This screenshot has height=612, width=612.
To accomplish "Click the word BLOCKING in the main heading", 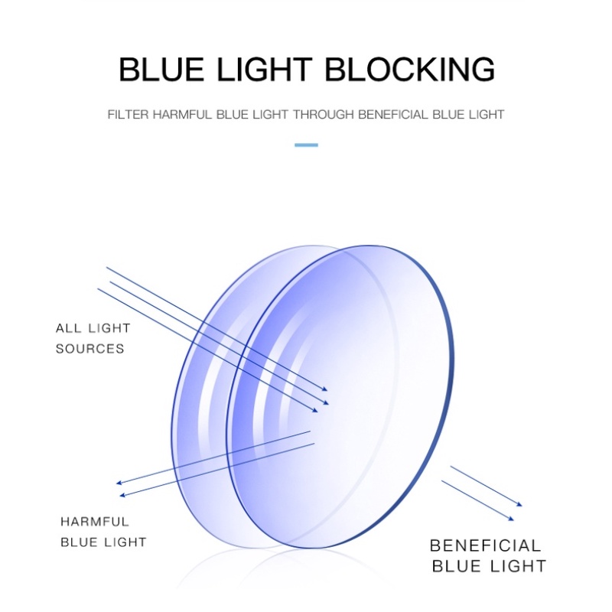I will pos(411,70).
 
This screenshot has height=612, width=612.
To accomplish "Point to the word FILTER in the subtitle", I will pos(128,115).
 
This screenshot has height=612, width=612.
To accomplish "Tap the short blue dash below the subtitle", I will pos(306,144).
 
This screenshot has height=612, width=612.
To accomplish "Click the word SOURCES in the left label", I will pos(90,349).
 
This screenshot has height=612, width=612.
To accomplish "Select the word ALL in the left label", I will pos(67,329).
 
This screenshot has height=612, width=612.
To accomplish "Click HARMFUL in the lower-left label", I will pos(95,522).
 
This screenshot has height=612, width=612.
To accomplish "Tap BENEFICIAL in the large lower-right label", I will pos(485,546).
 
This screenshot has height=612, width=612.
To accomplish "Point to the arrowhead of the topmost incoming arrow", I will pos(325,389).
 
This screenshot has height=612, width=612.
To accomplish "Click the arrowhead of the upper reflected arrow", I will pos(118,483).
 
